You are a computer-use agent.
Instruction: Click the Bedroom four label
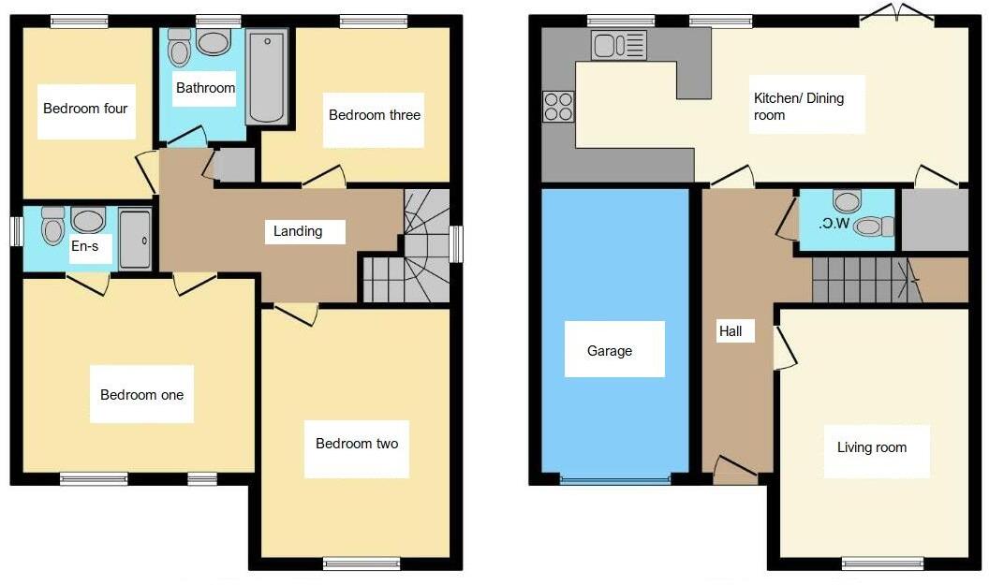85,109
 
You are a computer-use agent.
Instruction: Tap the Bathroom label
205,88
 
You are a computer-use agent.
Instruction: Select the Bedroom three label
374,115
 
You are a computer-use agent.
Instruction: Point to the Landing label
298,231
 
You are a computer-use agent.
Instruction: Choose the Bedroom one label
141,394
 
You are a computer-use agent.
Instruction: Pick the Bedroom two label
356,443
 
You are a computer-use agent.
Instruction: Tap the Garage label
610,351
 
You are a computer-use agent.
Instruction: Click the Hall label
731,331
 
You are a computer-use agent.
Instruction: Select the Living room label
871,447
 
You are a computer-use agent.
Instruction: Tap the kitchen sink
619,44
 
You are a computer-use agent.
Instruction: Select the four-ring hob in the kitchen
559,106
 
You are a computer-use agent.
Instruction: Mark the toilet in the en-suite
52,226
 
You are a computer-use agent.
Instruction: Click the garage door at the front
615,479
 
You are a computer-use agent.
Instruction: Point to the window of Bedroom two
362,563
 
